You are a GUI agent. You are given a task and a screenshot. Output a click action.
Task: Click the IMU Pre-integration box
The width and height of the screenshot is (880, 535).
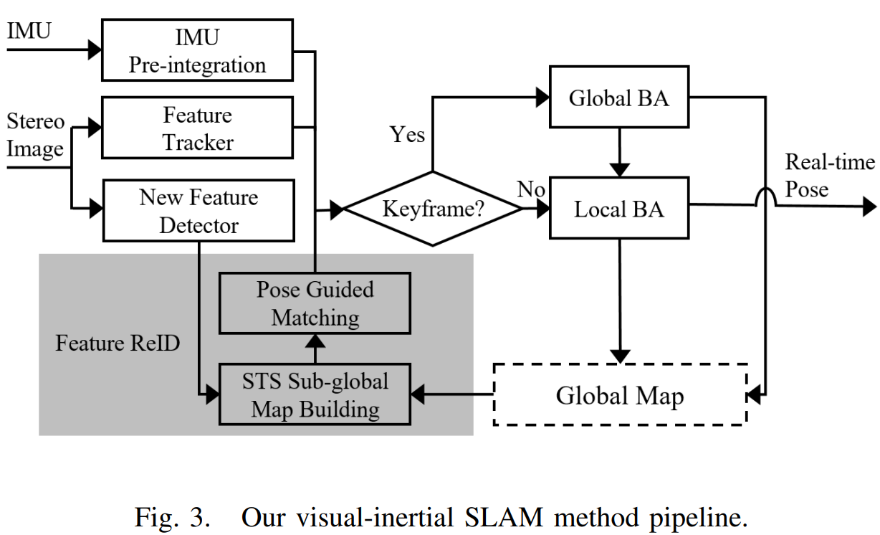pyautogui.click(x=197, y=50)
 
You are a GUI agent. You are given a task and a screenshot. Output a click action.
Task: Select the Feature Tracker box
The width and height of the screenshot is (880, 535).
pyautogui.click(x=197, y=128)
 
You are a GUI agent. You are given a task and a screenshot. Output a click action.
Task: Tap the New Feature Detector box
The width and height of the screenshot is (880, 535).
pyautogui.click(x=199, y=211)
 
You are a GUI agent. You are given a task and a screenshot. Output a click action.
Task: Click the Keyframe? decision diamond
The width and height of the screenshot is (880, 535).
pyautogui.click(x=433, y=209)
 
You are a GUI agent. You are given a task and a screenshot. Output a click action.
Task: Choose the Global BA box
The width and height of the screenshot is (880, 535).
pyautogui.click(x=618, y=98)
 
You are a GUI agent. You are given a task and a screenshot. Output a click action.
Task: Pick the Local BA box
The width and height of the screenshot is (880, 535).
pyautogui.click(x=618, y=209)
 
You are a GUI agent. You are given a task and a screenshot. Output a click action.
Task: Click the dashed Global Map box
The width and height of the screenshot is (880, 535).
pyautogui.click(x=620, y=395)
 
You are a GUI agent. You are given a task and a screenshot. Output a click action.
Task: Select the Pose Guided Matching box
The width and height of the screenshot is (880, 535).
pyautogui.click(x=315, y=303)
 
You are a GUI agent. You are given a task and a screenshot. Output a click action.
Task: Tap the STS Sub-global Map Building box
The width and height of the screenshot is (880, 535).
pyautogui.click(x=315, y=394)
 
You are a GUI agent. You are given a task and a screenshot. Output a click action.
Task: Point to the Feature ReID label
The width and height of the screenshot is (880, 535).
pyautogui.click(x=118, y=344)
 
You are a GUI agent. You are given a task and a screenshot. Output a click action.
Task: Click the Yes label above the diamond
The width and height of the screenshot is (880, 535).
pyautogui.click(x=407, y=134)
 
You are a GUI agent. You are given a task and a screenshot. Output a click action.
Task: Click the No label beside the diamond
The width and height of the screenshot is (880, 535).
pyautogui.click(x=531, y=190)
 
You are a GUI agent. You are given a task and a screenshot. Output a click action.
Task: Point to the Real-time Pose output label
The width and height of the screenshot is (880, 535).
pyautogui.click(x=829, y=176)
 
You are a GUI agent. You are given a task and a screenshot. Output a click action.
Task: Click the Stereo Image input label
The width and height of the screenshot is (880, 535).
pyautogui.click(x=36, y=136)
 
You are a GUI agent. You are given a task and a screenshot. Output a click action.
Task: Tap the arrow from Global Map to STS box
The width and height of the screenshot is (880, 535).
pyautogui.click(x=451, y=394)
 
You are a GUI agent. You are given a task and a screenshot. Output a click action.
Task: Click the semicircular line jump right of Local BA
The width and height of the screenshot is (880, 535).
pyautogui.click(x=766, y=197)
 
